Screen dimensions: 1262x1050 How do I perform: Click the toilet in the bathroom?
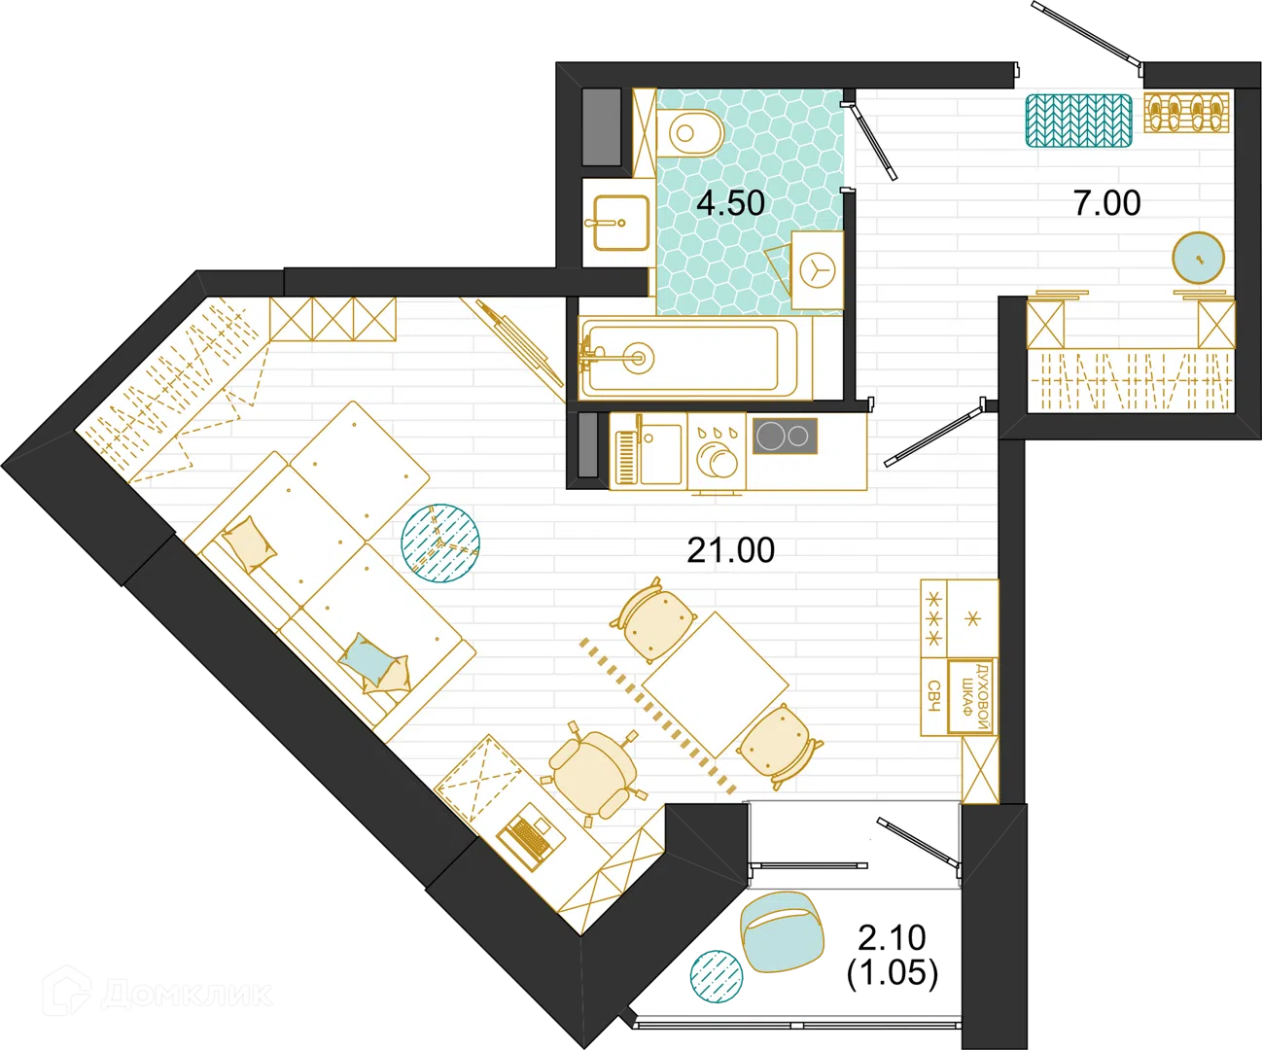[690, 133]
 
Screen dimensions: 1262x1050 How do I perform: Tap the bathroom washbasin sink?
[620, 223]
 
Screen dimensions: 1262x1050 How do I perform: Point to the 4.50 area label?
[730, 203]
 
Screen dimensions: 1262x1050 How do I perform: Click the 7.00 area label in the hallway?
[1106, 203]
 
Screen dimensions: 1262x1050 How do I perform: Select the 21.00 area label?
[731, 550]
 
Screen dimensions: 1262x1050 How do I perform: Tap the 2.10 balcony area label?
[893, 937]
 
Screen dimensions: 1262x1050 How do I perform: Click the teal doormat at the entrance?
[1079, 121]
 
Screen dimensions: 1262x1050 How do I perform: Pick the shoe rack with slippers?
[1186, 112]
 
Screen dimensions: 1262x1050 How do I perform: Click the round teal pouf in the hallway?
[1198, 258]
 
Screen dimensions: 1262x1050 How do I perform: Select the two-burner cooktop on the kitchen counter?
[785, 436]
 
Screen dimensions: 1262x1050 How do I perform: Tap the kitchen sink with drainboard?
[648, 450]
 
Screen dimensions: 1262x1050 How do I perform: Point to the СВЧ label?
[933, 696]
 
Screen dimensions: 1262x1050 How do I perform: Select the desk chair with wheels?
[593, 773]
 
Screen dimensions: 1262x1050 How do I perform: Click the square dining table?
[715, 684]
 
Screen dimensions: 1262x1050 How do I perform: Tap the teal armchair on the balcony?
[782, 931]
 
